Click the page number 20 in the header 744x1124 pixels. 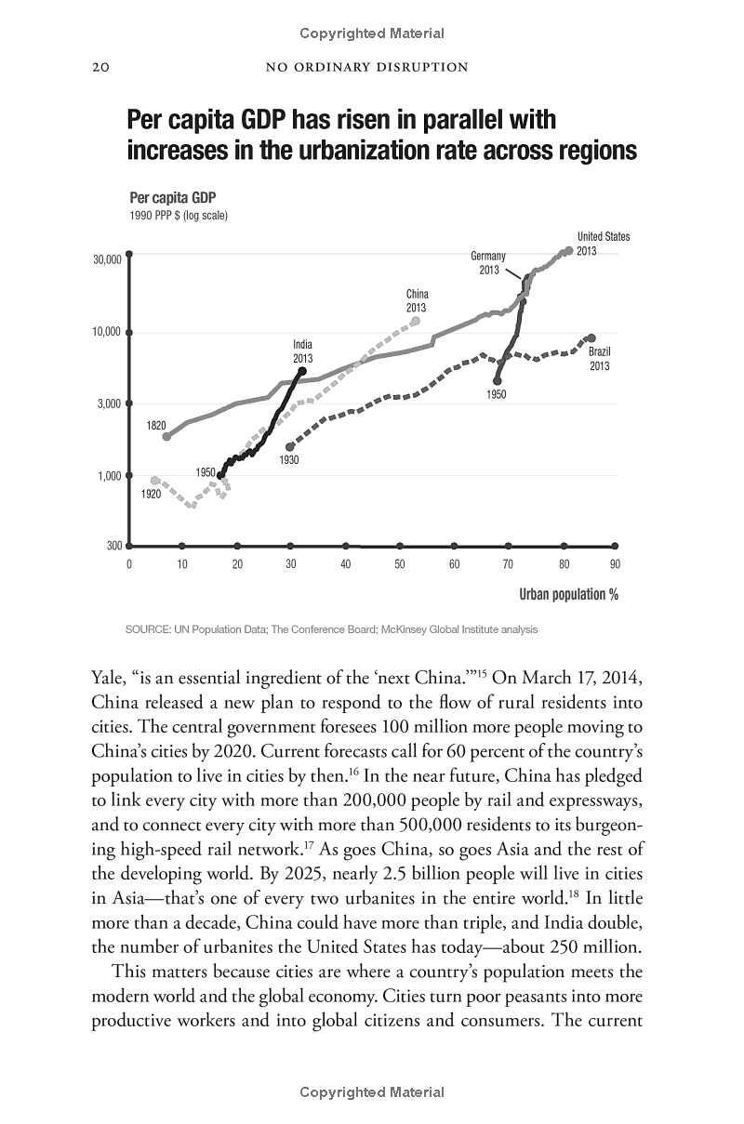click(100, 67)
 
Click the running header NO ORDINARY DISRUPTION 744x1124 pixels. click(366, 67)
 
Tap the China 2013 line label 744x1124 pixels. click(416, 301)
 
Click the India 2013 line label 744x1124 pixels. click(302, 351)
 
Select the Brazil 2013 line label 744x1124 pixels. click(599, 359)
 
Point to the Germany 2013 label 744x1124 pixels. click(488, 263)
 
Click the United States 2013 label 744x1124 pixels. click(602, 244)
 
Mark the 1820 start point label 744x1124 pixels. click(155, 426)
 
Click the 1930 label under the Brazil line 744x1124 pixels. click(288, 459)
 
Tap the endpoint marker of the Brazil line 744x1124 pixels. click(591, 338)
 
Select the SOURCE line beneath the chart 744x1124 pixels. click(330, 629)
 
